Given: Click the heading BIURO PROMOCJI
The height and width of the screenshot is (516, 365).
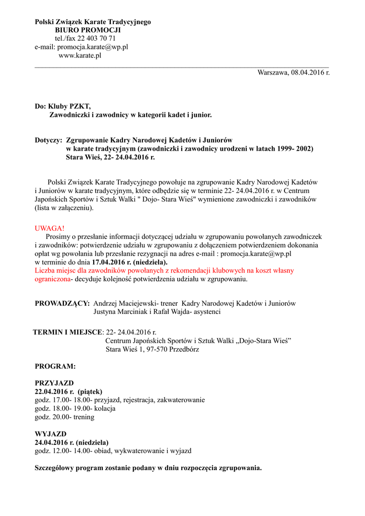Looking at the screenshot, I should click(88, 30).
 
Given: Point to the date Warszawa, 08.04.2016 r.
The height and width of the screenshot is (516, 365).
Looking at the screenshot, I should click(294, 73).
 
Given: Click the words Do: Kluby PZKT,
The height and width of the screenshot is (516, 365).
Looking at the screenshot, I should click(62, 106).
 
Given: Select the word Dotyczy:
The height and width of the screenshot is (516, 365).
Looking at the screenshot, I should click(48, 140).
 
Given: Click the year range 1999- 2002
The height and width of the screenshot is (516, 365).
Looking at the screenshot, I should click(293, 149).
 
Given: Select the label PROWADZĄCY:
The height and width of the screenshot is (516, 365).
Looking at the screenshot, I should click(62, 303).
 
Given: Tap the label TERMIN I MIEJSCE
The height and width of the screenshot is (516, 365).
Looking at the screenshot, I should click(67, 333).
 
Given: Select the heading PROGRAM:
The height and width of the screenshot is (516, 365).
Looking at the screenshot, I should click(55, 366).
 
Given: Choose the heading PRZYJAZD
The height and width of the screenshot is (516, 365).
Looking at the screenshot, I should click(54, 383).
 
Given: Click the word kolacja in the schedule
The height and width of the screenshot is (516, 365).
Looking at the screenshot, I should click(104, 409).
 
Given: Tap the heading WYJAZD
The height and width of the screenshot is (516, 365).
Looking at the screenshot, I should click(50, 434).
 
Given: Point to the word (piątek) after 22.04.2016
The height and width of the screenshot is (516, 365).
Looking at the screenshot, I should click(90, 392).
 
